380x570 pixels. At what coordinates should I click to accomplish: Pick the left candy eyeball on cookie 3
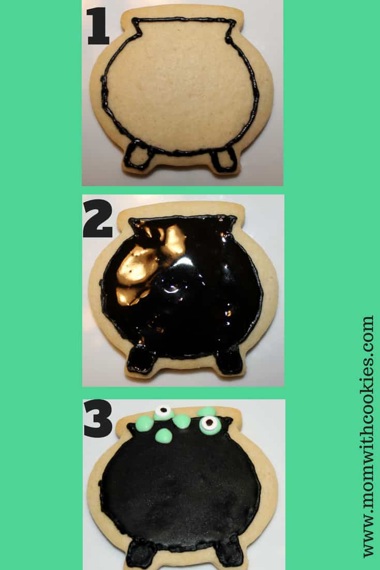(164, 413)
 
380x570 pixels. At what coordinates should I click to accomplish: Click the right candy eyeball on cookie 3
(209, 425)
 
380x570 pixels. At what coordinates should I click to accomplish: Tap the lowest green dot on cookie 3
(164, 436)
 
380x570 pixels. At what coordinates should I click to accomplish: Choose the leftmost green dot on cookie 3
(144, 424)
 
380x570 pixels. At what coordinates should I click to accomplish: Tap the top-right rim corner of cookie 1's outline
(235, 22)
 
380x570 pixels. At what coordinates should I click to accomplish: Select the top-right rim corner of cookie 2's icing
(235, 218)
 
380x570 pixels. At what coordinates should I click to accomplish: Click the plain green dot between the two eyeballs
(182, 421)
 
